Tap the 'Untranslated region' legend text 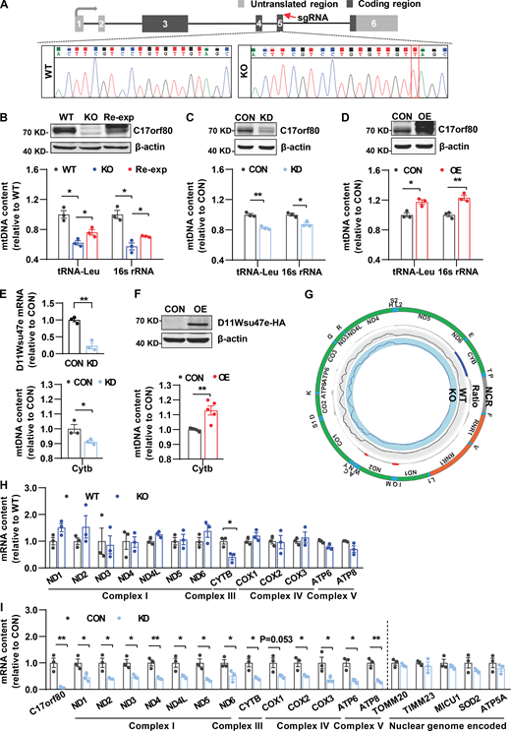click(359, 7)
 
